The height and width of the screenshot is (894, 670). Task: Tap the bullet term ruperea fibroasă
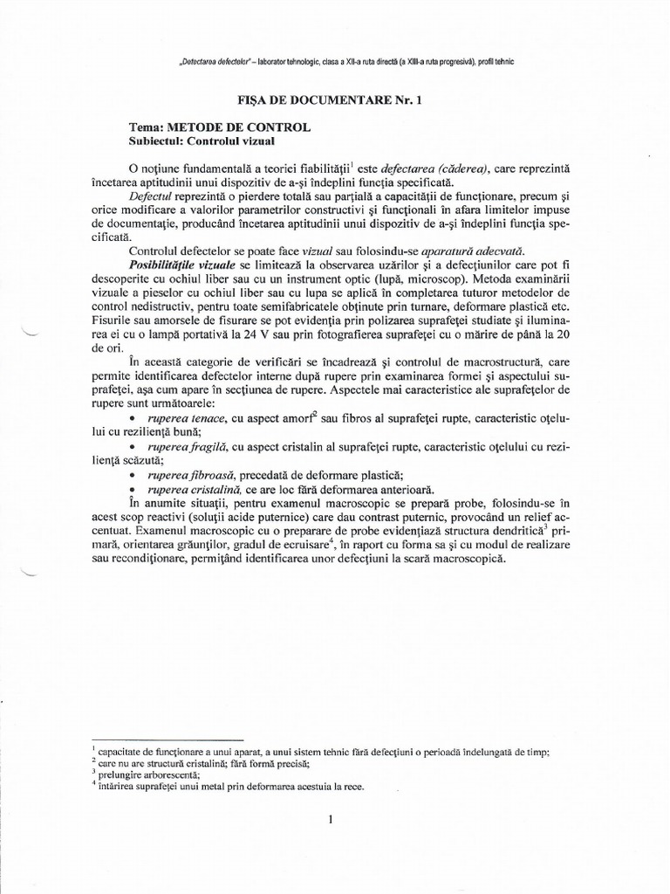193,476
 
